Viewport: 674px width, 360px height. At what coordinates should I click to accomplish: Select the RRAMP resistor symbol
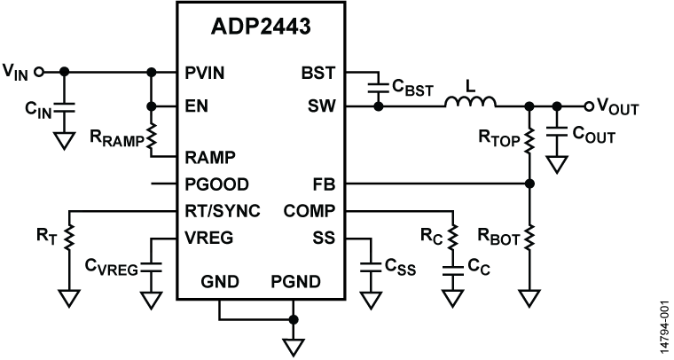coord(153,137)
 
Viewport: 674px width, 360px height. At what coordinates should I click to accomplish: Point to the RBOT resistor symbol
coord(529,237)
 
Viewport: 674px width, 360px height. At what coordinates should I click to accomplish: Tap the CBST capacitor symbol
coord(380,86)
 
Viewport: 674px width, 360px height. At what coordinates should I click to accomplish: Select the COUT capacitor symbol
coord(557,134)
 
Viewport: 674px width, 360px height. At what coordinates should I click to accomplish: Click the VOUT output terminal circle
coord(590,106)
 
